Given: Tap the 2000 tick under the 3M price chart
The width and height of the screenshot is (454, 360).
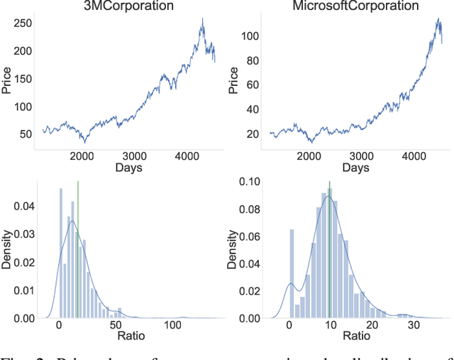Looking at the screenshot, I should pos(83,157).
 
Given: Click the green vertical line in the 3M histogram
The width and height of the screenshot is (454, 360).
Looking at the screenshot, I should pos(78,249).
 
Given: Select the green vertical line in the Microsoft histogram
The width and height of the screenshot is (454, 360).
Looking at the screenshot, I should pos(330,249).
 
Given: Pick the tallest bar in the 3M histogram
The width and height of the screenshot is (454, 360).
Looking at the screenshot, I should pos(60,252).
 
